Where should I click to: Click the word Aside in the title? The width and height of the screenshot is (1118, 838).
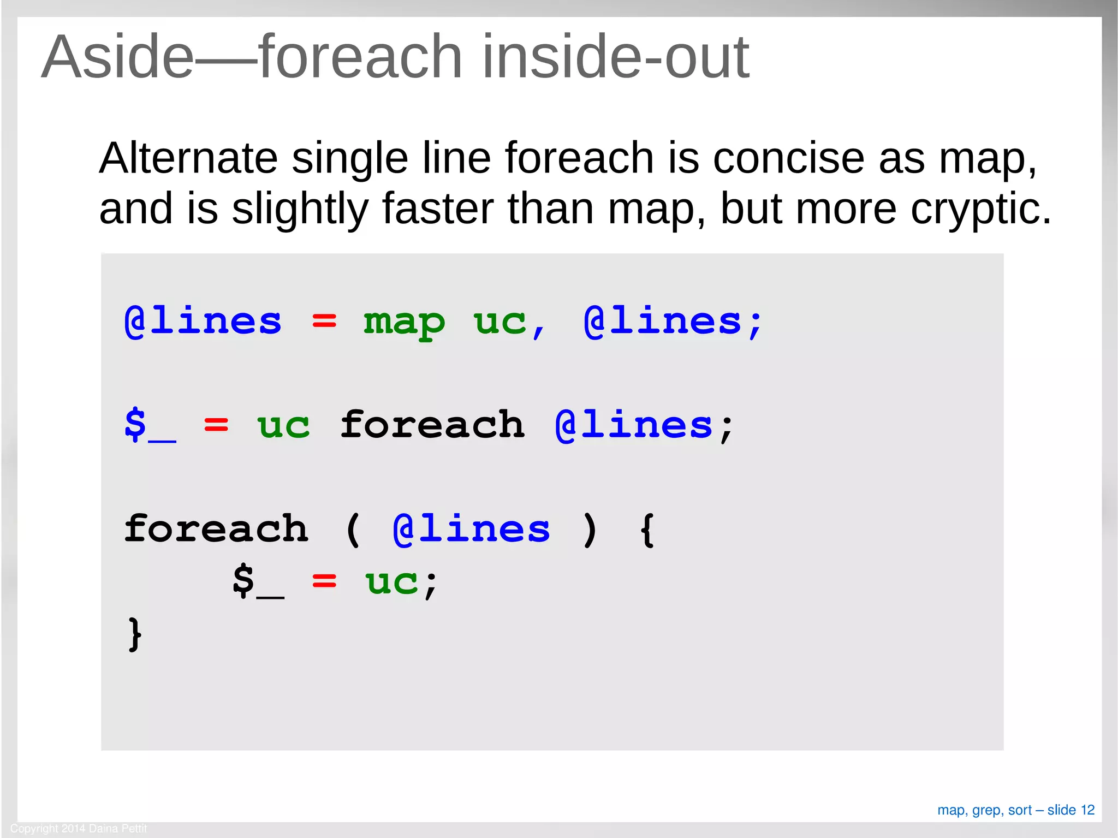coord(117,57)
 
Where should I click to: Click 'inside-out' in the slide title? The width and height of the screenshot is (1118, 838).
coord(615,57)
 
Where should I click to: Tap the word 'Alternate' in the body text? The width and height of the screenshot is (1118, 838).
coord(188,158)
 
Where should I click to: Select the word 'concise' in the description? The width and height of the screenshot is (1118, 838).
coord(788,158)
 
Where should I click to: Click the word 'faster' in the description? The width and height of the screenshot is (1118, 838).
coord(438,209)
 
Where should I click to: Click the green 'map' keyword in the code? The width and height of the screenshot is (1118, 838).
coord(404,322)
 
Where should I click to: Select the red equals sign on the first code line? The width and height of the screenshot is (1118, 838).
coord(324,322)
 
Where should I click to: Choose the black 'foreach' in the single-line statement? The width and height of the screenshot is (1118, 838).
coord(432,425)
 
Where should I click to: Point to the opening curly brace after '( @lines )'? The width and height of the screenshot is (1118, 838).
coord(647,530)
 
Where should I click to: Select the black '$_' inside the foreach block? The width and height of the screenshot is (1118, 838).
coord(258,582)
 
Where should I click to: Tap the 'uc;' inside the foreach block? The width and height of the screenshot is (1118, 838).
coord(401,582)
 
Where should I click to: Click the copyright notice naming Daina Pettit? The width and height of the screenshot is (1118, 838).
coord(79,828)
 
